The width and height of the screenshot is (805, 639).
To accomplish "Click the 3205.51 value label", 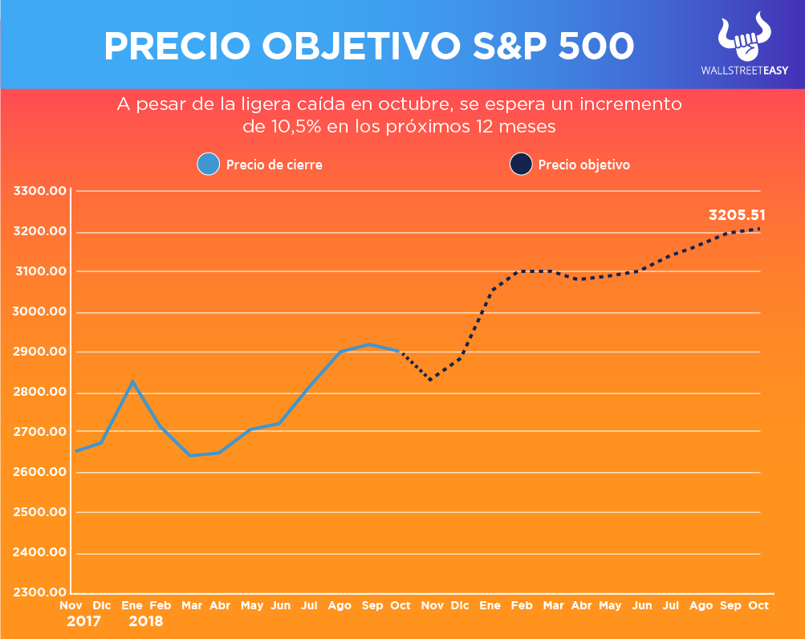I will (x=737, y=214).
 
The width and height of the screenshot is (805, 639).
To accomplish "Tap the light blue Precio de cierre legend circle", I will (x=208, y=165).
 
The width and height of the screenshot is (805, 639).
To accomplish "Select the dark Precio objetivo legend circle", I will (x=520, y=165).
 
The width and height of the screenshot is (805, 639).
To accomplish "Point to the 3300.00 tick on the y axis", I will (x=39, y=191).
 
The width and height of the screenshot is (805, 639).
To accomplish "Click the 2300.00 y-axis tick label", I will (x=39, y=592).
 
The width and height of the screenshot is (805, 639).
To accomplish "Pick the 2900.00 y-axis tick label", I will (x=39, y=352).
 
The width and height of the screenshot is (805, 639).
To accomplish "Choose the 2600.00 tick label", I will (x=39, y=472).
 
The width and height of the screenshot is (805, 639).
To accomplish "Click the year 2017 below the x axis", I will (x=84, y=621).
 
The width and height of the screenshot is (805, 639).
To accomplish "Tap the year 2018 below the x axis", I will (x=145, y=621).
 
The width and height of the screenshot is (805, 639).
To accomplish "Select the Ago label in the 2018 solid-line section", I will (x=339, y=605).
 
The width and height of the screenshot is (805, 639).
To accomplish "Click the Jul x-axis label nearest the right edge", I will (x=671, y=605).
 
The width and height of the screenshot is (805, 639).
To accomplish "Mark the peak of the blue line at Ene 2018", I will (x=133, y=381).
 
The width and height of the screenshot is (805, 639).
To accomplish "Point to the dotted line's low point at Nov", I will (x=431, y=380).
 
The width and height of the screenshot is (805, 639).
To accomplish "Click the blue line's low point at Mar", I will (x=190, y=455).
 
